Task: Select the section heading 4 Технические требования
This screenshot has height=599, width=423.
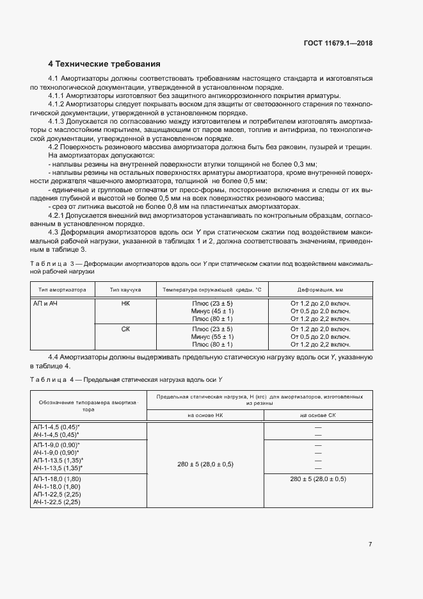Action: pos(104,64)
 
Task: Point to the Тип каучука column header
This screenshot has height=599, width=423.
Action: pos(125,289)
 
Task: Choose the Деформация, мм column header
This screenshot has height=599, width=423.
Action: pos(321,289)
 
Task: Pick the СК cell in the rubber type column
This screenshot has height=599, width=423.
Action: pos(125,328)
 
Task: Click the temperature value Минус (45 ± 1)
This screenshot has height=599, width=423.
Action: pos(212,311)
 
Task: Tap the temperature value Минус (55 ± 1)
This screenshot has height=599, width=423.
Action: pos(212,336)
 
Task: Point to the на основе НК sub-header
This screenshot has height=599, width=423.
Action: pos(205,416)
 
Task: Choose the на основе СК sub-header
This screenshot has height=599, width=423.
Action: pos(318,416)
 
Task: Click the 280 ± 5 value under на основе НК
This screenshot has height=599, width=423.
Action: pos(205,463)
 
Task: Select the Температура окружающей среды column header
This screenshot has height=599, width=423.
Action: pos(212,289)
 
